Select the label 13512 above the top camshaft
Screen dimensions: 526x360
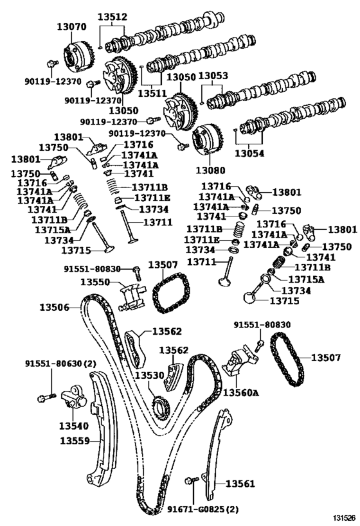tap(113, 17)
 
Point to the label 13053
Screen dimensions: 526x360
tap(212, 76)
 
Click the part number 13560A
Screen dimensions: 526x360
tap(240, 392)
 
